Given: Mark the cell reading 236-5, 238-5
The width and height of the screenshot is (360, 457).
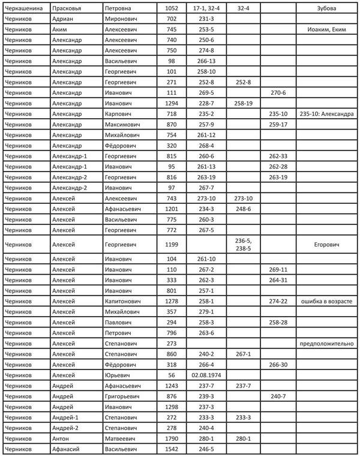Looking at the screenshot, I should (x=244, y=245).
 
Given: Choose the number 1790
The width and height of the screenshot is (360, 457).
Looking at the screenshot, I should (x=172, y=438).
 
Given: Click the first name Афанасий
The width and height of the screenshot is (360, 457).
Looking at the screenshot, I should (x=65, y=449).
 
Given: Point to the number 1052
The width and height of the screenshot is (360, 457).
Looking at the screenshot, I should (x=172, y=10).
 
